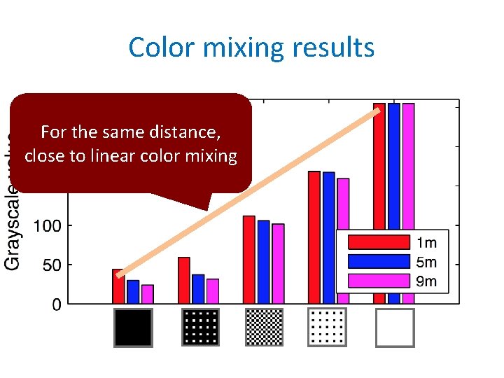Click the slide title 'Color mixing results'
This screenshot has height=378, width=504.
point(251,48)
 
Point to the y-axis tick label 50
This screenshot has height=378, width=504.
point(51,265)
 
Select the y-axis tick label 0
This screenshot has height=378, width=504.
point(56,304)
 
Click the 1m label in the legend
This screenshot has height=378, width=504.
point(426,242)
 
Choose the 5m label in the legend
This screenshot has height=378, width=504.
point(426,262)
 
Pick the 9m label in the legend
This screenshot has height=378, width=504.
point(426,281)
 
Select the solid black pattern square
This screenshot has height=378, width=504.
point(133,328)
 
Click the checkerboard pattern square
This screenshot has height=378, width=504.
point(265,327)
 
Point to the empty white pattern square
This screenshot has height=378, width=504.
point(395,328)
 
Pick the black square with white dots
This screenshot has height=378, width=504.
point(201,327)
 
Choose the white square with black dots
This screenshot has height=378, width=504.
point(327,327)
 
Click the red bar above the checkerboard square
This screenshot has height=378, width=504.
point(248,260)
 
